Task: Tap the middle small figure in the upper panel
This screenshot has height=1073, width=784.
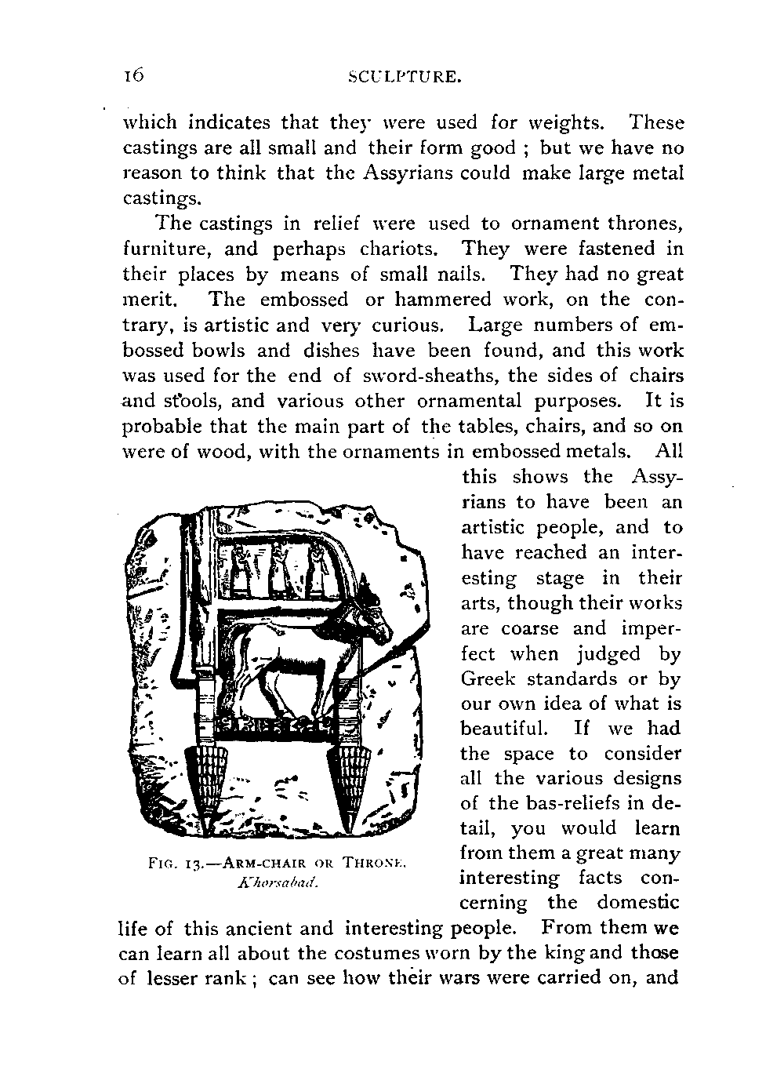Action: [280, 570]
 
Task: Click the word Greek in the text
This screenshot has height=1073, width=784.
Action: [492, 678]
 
